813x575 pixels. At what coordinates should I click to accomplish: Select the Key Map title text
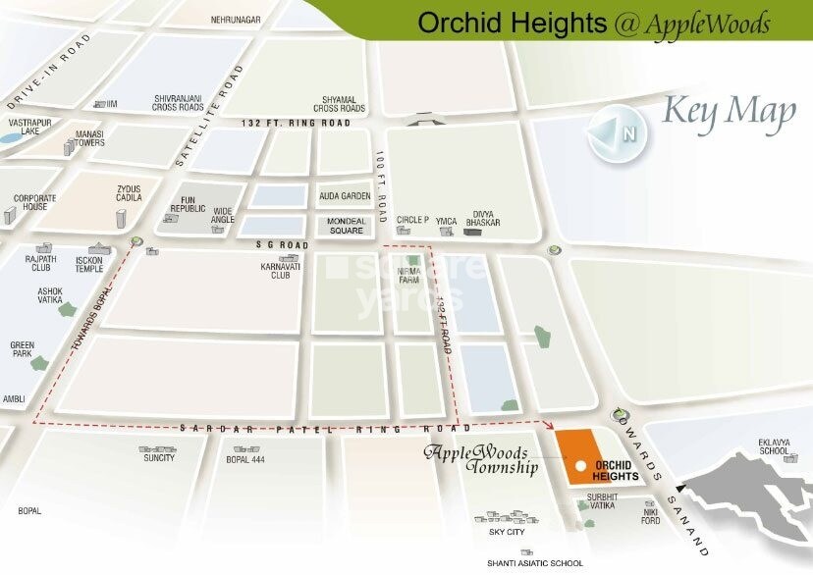click(x=730, y=113)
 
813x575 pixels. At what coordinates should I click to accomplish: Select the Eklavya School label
click(x=774, y=446)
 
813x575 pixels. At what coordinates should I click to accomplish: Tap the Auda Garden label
click(x=342, y=196)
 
